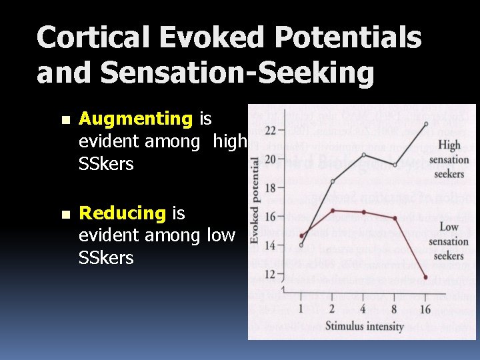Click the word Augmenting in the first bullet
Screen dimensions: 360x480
[135, 119]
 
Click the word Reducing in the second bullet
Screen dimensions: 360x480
[122, 213]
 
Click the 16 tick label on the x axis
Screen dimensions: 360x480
[425, 309]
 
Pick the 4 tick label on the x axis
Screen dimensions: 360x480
[363, 309]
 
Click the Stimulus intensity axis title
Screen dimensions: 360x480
[365, 326]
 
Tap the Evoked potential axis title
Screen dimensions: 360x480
[255, 200]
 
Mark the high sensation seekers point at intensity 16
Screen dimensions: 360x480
[426, 124]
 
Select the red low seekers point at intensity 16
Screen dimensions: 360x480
[426, 277]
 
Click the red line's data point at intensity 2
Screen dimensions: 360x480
[333, 210]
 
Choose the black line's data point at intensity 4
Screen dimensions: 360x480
[363, 155]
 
